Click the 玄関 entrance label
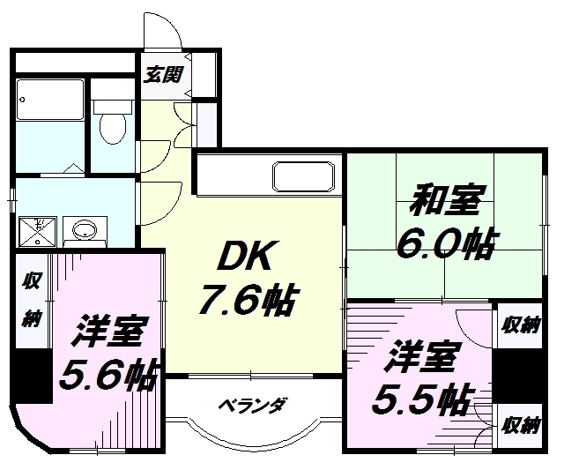coord(164,74)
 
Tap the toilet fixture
coord(111,126)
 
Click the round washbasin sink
coord(85,232)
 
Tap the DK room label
coord(249,257)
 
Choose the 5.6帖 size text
coord(107,377)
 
